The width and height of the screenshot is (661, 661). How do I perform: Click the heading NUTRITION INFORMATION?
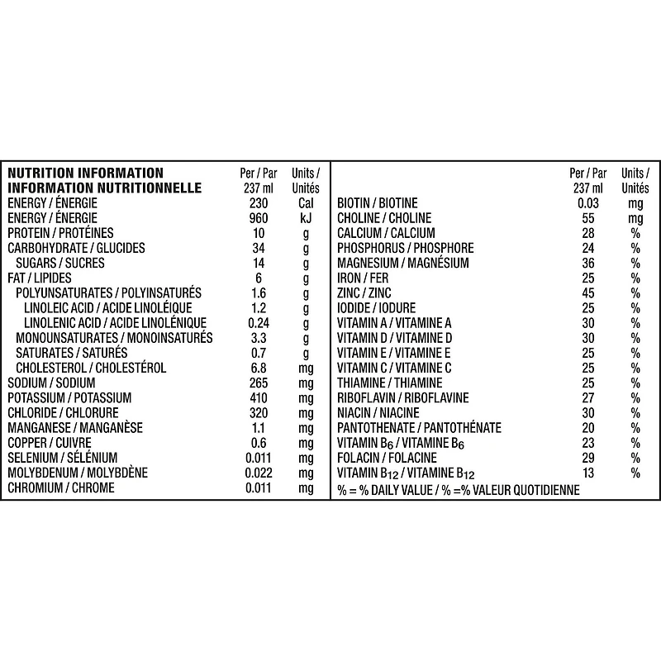(x=85, y=173)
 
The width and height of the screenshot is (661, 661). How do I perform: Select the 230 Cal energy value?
(x=258, y=203)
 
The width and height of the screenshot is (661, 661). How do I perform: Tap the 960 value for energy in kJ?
(x=258, y=218)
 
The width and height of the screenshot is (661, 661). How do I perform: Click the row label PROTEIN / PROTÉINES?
(x=60, y=233)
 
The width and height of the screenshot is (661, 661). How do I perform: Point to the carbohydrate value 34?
(x=258, y=248)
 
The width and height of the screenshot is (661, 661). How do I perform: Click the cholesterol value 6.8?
(x=258, y=368)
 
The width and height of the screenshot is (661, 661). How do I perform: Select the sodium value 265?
(x=258, y=383)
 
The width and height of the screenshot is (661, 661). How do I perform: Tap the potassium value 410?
(x=258, y=398)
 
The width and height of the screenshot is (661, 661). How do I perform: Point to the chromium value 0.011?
(x=258, y=488)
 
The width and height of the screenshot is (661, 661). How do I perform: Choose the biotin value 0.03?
(x=588, y=203)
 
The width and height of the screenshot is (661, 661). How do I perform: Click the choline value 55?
(x=588, y=218)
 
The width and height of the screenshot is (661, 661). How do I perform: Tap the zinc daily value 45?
(x=588, y=293)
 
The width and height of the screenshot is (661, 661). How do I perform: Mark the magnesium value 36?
(x=588, y=263)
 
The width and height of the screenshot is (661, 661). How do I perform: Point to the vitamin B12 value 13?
(x=588, y=473)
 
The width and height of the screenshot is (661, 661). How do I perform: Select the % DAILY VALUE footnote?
(x=459, y=490)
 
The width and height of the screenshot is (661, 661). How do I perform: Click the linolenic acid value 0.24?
(x=258, y=323)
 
